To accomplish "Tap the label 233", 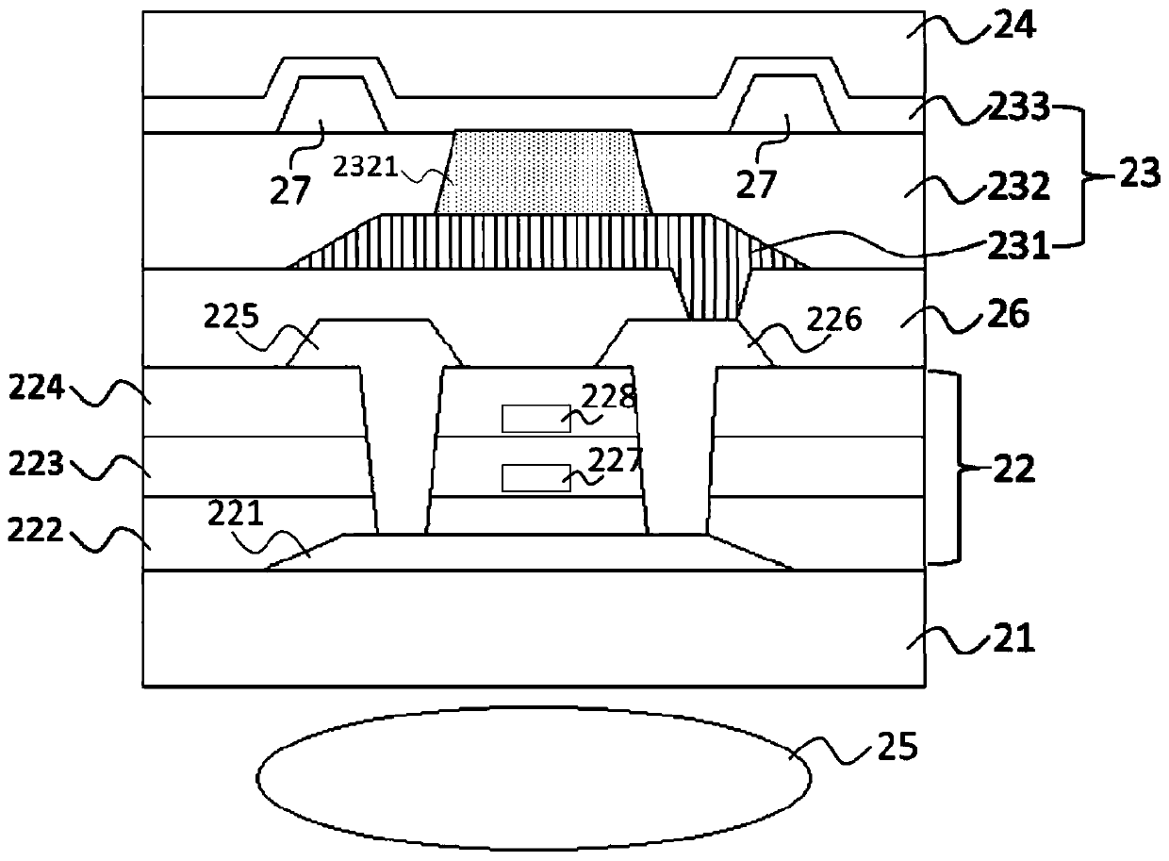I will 1024,110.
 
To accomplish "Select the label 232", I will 1024,188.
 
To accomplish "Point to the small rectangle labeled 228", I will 535,418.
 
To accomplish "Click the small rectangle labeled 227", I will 535,478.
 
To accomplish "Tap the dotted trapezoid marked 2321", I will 543,172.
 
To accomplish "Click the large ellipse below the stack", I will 534,779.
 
